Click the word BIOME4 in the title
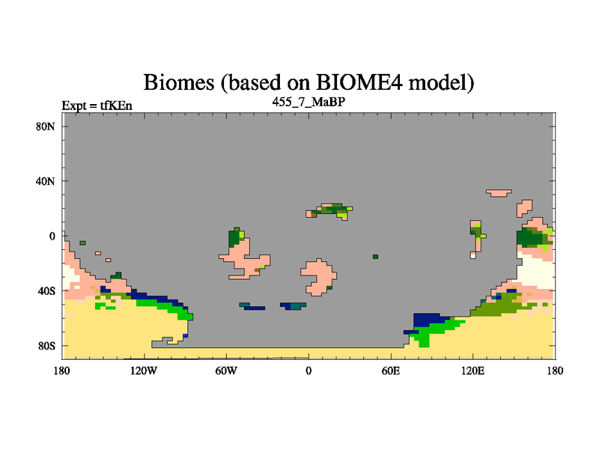point(359,82)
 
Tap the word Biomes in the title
point(179,82)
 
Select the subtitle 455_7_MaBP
point(308,102)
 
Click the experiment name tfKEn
point(116,106)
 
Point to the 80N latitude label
point(46,126)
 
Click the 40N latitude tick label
point(46,181)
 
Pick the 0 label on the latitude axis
point(52,236)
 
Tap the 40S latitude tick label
point(46,291)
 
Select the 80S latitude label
point(46,346)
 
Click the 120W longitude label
point(144,370)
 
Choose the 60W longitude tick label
point(226,370)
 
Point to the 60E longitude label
point(391,370)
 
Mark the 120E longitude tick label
point(473,370)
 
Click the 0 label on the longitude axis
point(308,370)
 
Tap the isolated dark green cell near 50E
point(376,257)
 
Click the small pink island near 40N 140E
point(499,193)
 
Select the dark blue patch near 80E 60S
point(427,320)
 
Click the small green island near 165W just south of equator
point(82,242)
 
